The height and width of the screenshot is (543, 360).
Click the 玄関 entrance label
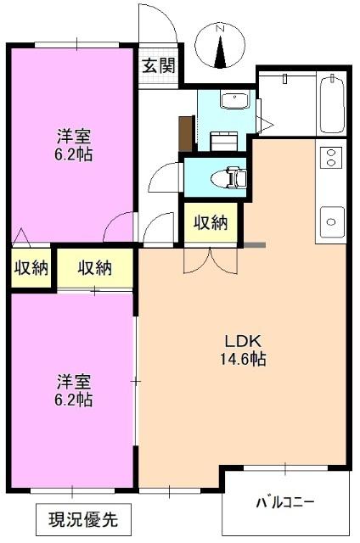[x=158, y=65]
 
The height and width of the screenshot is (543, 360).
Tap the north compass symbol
[x=220, y=49]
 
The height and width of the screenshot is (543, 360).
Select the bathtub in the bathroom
[x=333, y=106]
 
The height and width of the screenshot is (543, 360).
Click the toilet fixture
[x=233, y=178]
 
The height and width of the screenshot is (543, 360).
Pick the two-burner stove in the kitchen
[x=330, y=157]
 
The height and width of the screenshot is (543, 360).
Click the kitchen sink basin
[x=330, y=221]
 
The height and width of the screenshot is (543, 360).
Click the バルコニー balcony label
[x=285, y=502]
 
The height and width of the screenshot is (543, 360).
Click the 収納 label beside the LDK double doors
[x=211, y=223]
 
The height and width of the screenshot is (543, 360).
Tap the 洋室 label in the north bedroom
[x=74, y=137]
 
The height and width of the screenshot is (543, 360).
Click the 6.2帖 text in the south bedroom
[x=74, y=399]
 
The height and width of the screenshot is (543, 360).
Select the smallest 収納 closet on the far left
[x=31, y=268]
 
